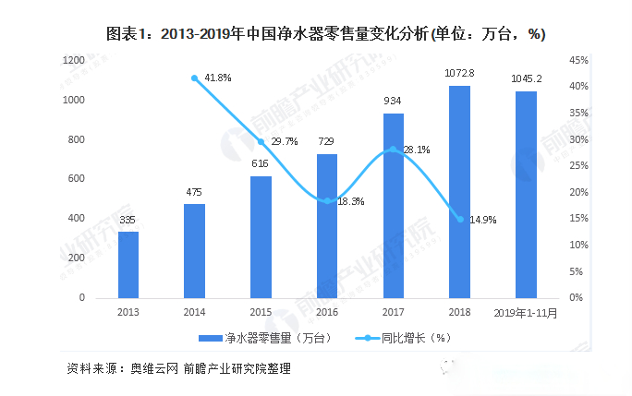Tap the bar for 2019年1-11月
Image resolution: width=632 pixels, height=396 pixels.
526,195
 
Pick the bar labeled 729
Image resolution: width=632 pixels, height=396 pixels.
327,226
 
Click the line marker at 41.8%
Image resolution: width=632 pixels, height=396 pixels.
194,78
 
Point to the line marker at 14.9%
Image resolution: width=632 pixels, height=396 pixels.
459,219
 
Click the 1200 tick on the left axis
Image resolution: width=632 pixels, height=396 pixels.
73,60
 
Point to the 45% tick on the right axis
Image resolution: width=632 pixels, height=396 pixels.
578,60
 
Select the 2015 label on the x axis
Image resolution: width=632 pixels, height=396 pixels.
261,312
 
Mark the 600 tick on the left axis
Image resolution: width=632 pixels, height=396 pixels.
76,179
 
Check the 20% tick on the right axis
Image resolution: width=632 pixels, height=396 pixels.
578,192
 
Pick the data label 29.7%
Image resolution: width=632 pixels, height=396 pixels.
285,142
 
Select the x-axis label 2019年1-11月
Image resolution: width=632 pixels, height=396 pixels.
526,312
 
